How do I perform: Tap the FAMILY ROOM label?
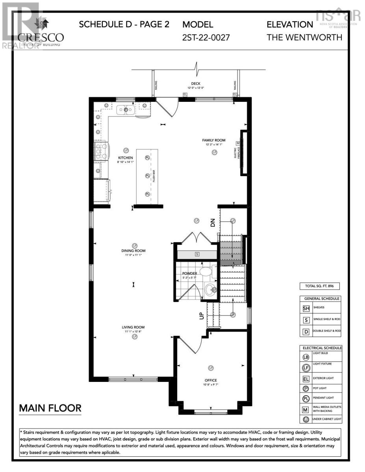pyautogui.click(x=214, y=140)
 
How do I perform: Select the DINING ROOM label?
pyautogui.click(x=133, y=251)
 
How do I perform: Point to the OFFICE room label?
pyautogui.click(x=211, y=380)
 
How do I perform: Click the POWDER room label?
pyautogui.click(x=189, y=273)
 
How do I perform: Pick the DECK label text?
pyautogui.click(x=196, y=83)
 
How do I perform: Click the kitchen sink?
pyautogui.click(x=126, y=110)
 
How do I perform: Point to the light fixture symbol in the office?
pyautogui.click(x=211, y=368)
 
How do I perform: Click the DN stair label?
pyautogui.click(x=213, y=223)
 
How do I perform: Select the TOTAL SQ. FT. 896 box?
pyautogui.click(x=319, y=286)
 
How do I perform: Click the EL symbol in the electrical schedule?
pyautogui.click(x=306, y=379)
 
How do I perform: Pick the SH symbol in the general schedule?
pyautogui.click(x=306, y=308)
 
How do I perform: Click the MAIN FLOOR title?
pyautogui.click(x=50, y=408)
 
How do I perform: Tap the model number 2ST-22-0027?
pyautogui.click(x=206, y=38)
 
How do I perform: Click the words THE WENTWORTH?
pyautogui.click(x=304, y=38)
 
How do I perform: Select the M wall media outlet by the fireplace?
pyautogui.click(x=238, y=143)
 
